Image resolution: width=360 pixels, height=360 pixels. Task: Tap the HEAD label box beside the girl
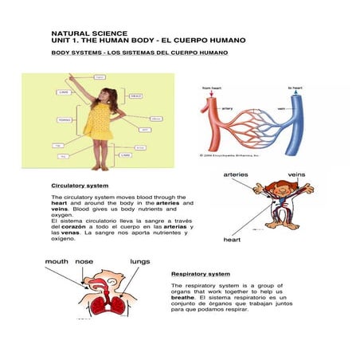point(137,96)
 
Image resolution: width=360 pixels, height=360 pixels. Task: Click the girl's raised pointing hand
point(72,77)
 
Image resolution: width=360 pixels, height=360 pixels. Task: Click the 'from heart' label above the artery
point(212,88)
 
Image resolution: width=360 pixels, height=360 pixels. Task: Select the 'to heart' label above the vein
point(295,88)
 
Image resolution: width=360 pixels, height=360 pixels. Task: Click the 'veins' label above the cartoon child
point(296,173)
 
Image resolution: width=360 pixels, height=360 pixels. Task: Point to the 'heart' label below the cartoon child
point(233,239)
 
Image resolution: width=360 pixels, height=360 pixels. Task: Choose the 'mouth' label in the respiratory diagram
point(57,260)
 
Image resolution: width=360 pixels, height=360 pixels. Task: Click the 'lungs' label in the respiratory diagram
point(140,260)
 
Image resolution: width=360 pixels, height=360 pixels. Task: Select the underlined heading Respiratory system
point(201,274)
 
